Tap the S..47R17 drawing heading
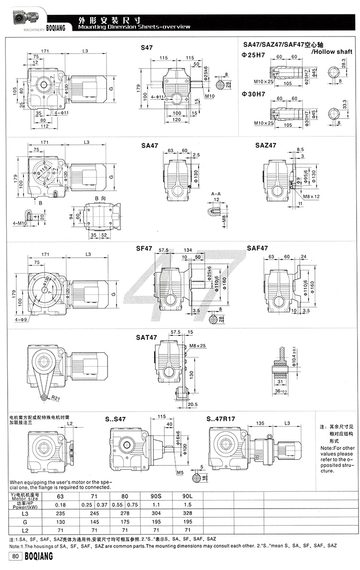pyautogui.click(x=222, y=419)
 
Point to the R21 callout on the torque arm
pyautogui.click(x=54, y=398)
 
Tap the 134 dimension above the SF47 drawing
pyautogui.click(x=188, y=249)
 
